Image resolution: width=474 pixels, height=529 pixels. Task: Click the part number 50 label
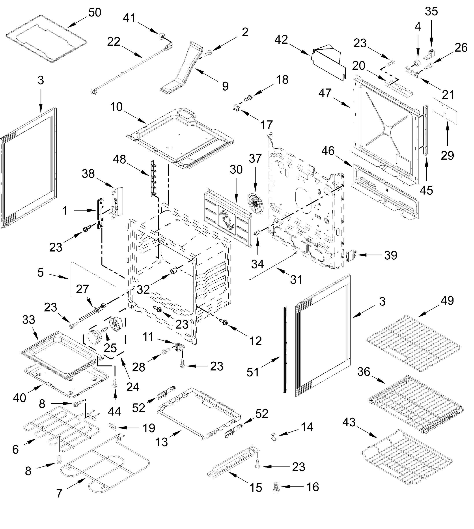click(x=95, y=13)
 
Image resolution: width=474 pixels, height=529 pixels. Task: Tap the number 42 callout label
click(x=281, y=40)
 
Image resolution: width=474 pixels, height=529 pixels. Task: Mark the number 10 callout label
click(x=116, y=107)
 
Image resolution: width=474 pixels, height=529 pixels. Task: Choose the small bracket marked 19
click(x=112, y=426)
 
